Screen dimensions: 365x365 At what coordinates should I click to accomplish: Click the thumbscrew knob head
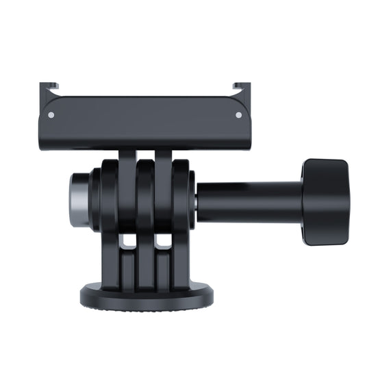pos(325,202)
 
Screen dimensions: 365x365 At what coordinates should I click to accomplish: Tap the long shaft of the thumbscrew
pos(250,198)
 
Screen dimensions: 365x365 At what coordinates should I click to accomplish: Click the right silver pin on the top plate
pos(238,114)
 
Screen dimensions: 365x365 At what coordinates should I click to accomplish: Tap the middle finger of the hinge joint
pos(145,199)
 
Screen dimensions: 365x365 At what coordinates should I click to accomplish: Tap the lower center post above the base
pos(145,264)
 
